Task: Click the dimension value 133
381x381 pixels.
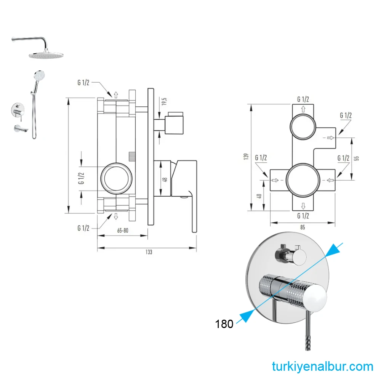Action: point(149,252)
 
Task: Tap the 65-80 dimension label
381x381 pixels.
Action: point(122,231)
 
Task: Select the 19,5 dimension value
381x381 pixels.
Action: point(164,102)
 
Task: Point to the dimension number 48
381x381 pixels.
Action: point(165,179)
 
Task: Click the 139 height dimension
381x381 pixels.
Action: point(246,157)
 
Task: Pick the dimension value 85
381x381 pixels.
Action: point(303,228)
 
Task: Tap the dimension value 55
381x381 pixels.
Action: point(357,158)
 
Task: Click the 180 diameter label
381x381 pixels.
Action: point(224,324)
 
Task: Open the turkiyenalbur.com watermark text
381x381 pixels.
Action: point(323,367)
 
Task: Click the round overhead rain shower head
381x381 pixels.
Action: point(48,55)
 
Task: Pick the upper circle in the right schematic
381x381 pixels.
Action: point(303,126)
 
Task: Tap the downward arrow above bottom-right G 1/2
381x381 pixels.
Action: point(303,206)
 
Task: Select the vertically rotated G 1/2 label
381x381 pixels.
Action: point(81,178)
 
